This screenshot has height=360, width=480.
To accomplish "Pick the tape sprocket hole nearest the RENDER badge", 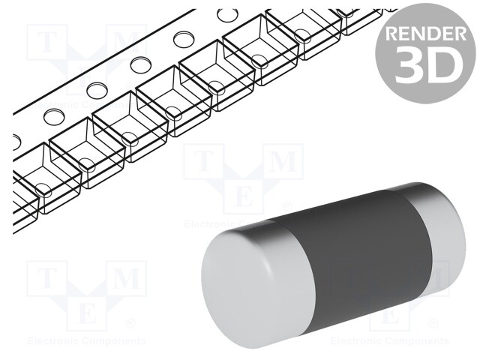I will click(225, 15).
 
